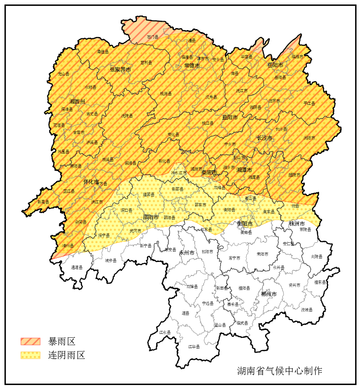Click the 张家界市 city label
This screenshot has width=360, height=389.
point(120,70)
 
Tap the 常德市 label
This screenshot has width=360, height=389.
point(192,65)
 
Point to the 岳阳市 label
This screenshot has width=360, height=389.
point(275,65)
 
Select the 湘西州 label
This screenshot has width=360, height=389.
point(77,101)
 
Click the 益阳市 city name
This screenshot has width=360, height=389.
point(229,118)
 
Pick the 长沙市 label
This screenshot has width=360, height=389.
point(264,138)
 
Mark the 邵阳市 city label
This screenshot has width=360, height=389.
point(151,217)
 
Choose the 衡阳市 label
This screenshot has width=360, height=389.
point(245,224)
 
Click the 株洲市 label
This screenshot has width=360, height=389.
point(297,224)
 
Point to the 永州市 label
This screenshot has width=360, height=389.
point(187,253)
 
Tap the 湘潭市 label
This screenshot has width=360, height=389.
point(244,170)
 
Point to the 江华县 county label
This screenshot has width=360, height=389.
point(194,347)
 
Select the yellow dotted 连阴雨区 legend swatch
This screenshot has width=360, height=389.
point(30,355)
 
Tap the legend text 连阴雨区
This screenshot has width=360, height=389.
point(66,355)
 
